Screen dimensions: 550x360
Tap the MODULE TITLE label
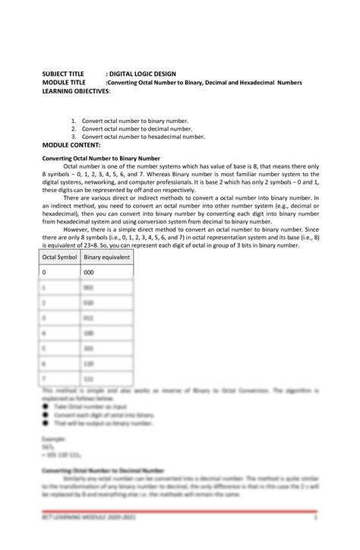tap(66, 83)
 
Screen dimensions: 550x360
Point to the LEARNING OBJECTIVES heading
tap(76, 90)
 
